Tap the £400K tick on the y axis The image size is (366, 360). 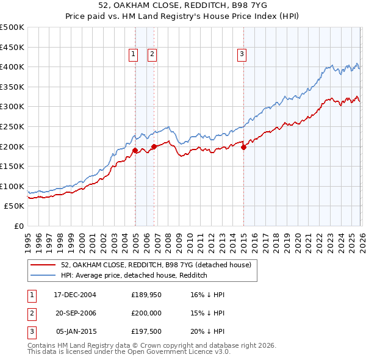(12, 67)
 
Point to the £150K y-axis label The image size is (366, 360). (12, 166)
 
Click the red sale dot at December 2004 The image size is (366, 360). (135, 149)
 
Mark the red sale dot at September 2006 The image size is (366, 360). (154, 146)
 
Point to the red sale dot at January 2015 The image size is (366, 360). (243, 147)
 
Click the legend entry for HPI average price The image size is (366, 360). (134, 275)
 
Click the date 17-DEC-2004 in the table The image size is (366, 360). (75, 294)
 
